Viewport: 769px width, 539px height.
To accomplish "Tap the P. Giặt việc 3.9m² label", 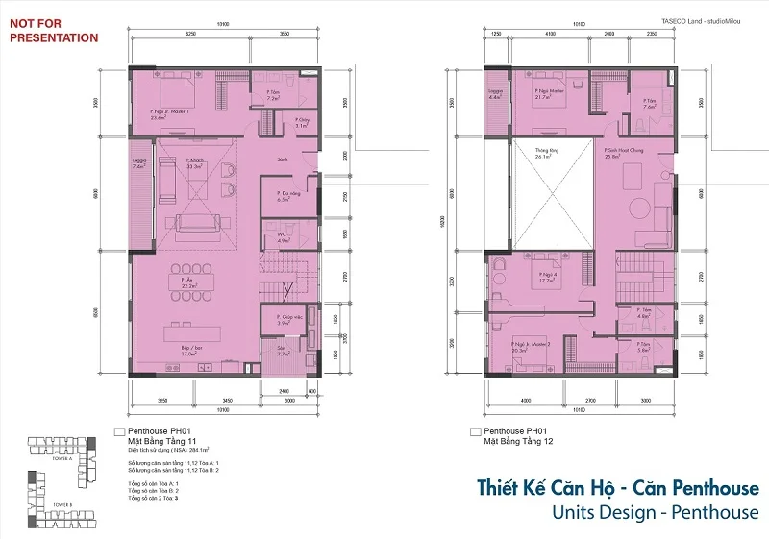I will [x=286, y=320].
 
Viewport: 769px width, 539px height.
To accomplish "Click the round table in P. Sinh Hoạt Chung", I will [x=639, y=210].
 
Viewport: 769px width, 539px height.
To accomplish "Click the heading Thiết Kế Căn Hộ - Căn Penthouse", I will [x=617, y=488].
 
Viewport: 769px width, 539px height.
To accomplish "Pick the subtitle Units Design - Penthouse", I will [x=655, y=511].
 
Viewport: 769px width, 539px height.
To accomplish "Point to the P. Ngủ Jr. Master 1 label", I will [x=171, y=114].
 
